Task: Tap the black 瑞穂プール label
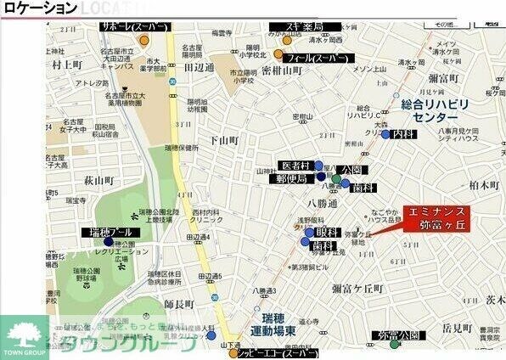pyautogui.click(x=107, y=232)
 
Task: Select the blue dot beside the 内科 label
pyautogui.click(x=385, y=134)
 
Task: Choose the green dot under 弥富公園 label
pyautogui.click(x=394, y=345)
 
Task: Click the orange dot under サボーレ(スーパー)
pyautogui.click(x=144, y=39)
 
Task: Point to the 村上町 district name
pyautogui.click(x=65, y=63)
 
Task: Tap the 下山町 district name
pyautogui.click(x=225, y=140)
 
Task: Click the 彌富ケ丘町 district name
pyautogui.click(x=357, y=289)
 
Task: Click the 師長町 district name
pyautogui.click(x=180, y=303)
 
